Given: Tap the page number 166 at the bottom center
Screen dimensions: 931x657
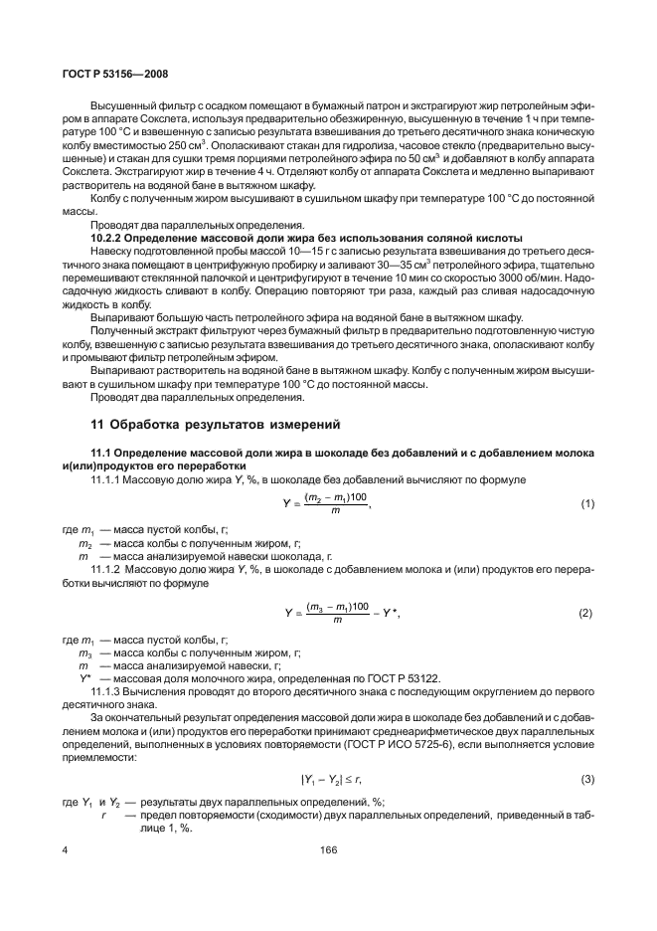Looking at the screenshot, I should coord(328,849).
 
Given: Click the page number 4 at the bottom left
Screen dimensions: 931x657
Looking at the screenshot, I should coord(65,849).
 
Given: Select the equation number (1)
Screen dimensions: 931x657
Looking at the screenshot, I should coord(586,504).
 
